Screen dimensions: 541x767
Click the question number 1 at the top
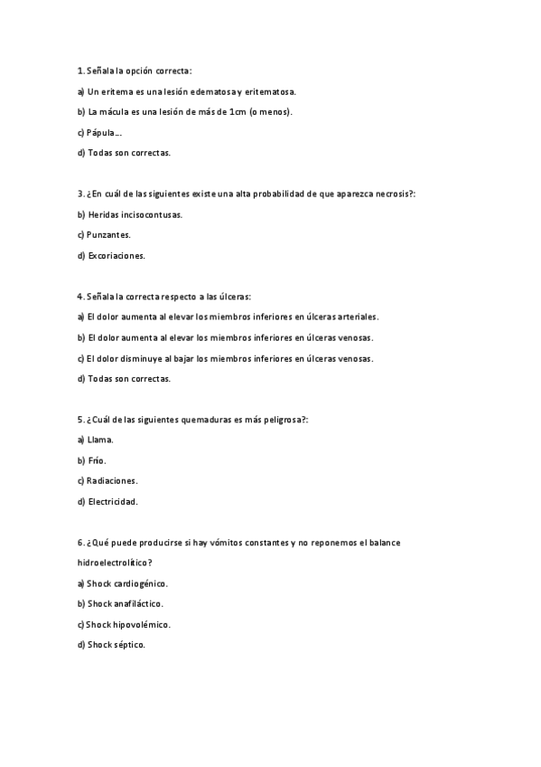(x=79, y=70)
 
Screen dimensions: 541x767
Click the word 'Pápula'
(x=105, y=132)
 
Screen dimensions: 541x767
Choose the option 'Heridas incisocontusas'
(x=134, y=214)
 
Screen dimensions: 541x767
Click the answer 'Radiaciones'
(x=112, y=480)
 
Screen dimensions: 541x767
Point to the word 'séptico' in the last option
(x=127, y=644)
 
